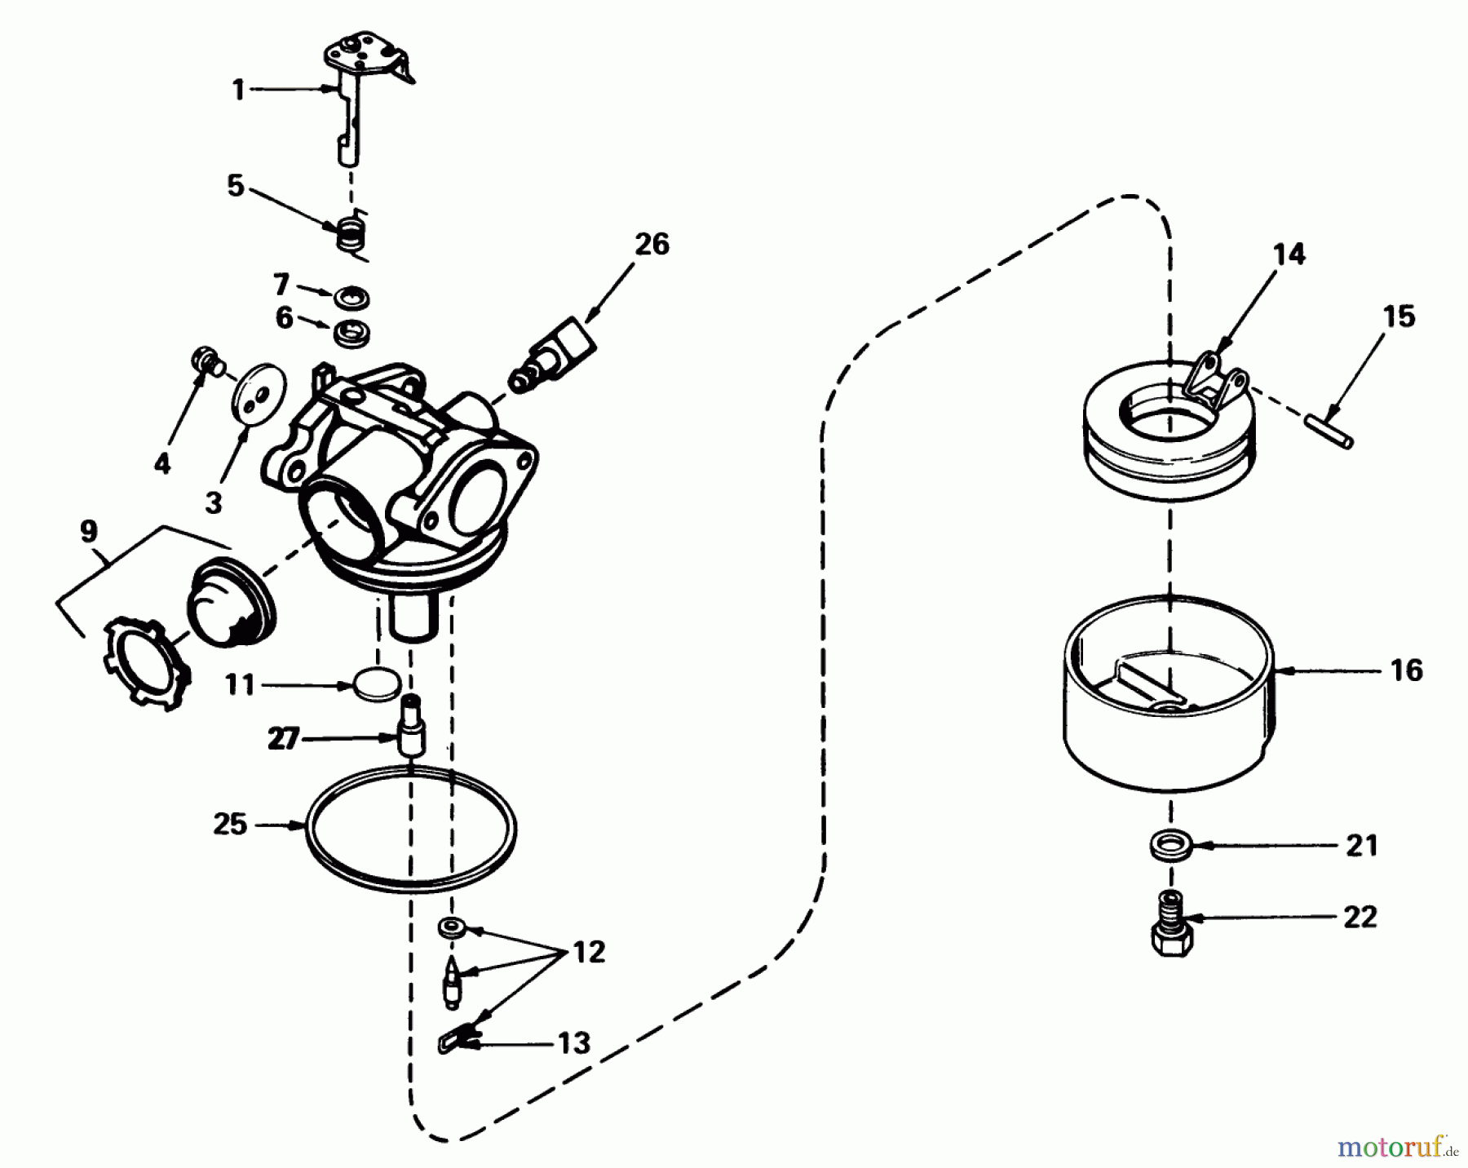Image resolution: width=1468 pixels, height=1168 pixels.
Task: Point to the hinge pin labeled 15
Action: (x=1327, y=431)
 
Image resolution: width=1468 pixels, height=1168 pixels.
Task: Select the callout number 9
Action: (x=89, y=530)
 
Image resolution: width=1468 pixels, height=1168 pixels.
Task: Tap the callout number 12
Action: (x=589, y=952)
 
